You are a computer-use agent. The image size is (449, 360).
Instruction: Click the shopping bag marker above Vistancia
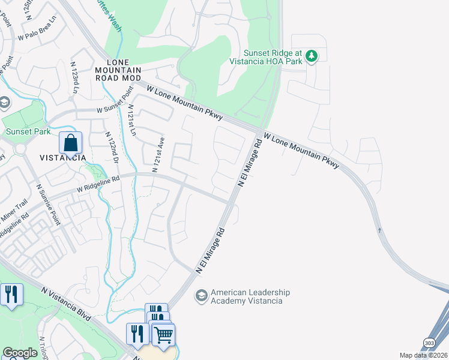[70, 143]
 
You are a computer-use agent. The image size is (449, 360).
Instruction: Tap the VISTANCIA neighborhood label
[62, 158]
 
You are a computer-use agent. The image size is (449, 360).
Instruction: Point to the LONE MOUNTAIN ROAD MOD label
[124, 70]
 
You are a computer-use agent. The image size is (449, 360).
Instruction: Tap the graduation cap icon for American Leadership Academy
[201, 296]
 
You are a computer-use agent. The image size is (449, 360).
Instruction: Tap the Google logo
[20, 353]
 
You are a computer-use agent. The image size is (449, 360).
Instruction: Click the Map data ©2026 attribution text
[423, 355]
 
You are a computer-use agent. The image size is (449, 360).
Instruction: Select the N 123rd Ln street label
[74, 81]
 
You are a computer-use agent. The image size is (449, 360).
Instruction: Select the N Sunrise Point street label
[47, 204]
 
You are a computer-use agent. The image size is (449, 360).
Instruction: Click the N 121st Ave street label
[158, 154]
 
